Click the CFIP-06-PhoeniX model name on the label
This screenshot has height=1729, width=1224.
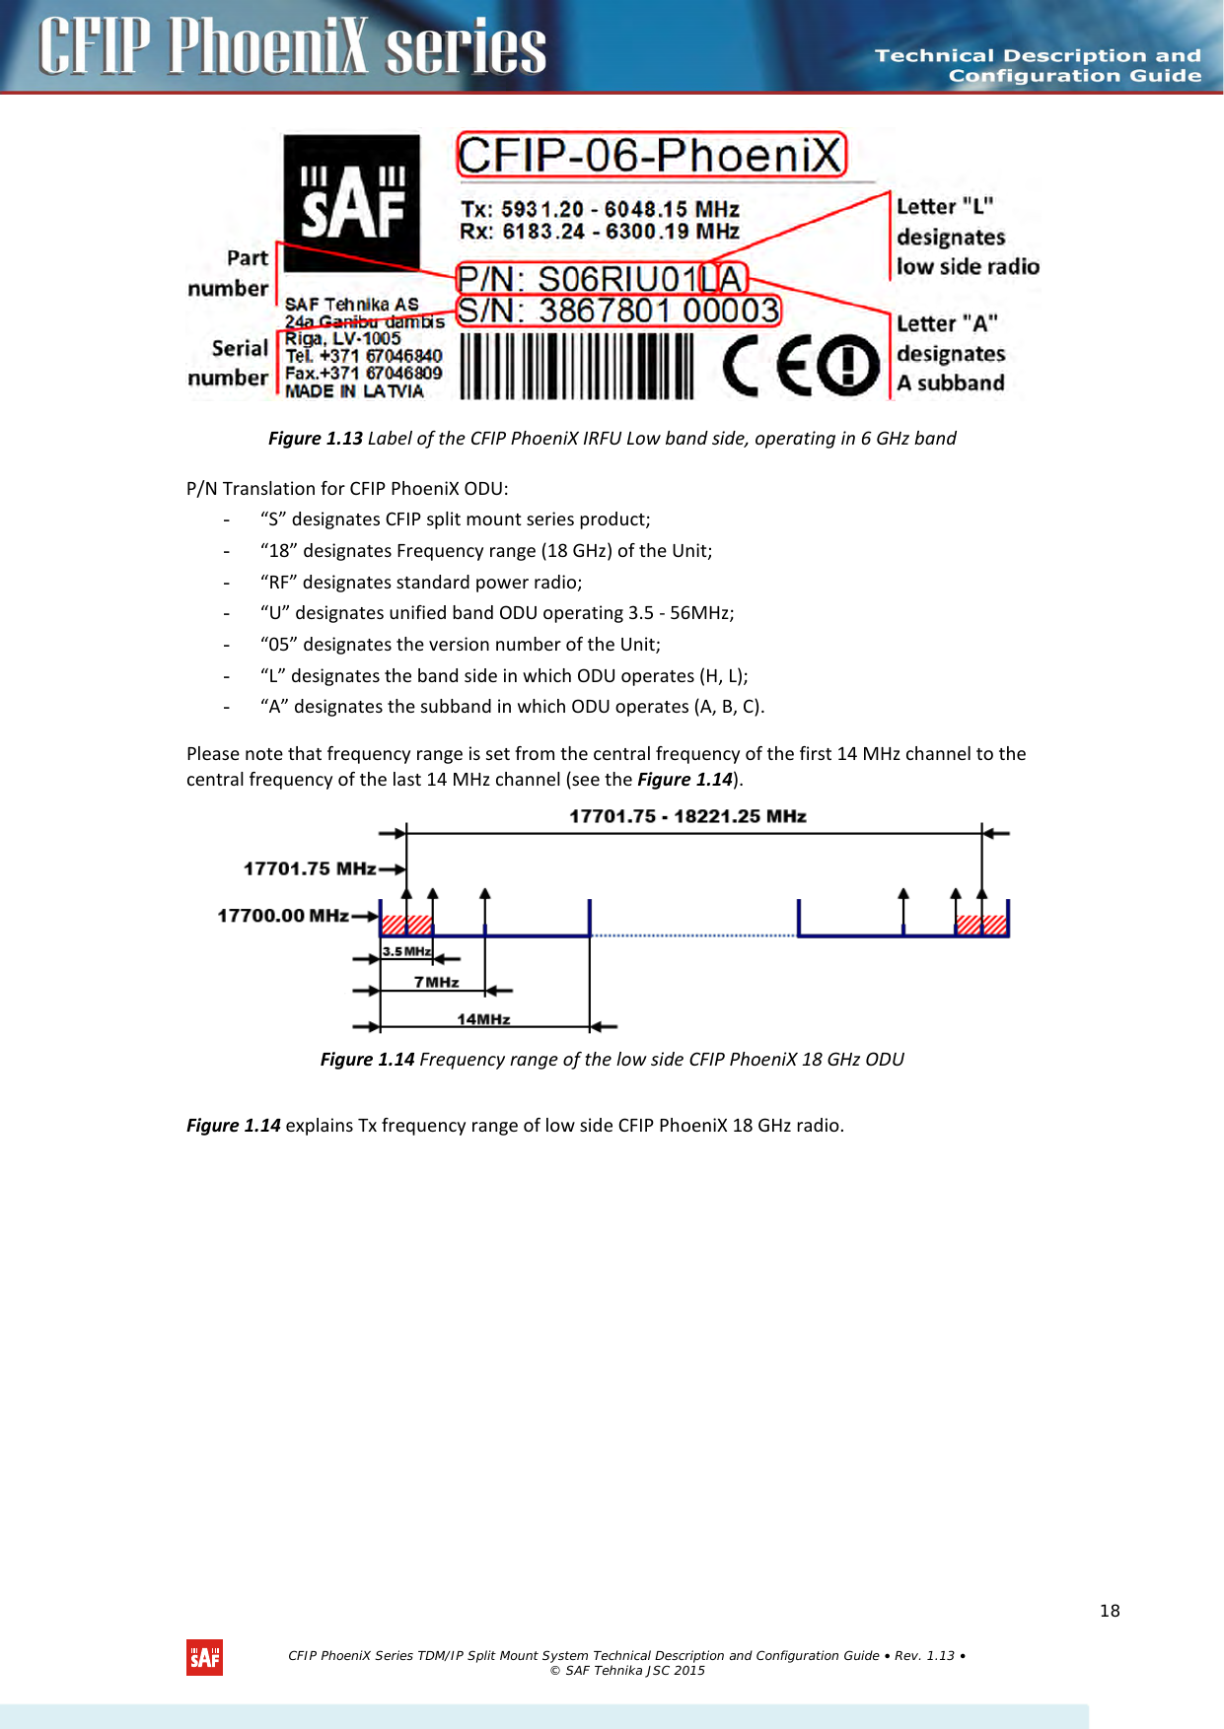point(651,156)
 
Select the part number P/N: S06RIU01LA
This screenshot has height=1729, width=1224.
point(602,279)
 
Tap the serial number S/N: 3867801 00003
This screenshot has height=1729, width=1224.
point(618,311)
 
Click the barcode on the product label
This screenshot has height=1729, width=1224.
point(577,366)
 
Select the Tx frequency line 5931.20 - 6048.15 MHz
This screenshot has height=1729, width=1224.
point(600,209)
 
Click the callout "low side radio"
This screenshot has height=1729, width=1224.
point(968,267)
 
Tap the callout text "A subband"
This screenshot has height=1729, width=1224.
point(951,383)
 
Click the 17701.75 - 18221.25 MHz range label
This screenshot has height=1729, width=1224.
point(687,816)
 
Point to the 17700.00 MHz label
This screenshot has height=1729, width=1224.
point(282,916)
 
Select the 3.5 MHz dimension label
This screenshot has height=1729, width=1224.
point(406,951)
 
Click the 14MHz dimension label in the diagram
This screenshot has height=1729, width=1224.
point(483,1019)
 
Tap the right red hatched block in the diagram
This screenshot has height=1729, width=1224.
point(981,925)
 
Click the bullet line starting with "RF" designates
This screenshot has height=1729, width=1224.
point(421,583)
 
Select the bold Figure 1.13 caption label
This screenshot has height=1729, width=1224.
point(316,439)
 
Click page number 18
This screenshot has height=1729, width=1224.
point(1110,1611)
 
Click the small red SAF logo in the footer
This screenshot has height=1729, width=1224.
point(205,1657)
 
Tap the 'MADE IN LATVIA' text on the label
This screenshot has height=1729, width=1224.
point(354,391)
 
